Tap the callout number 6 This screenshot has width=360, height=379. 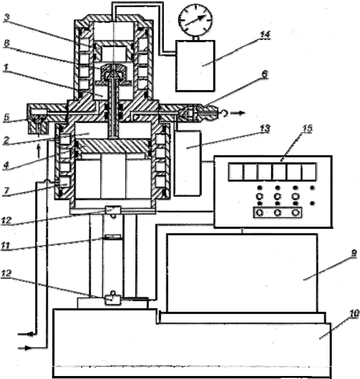click(265, 74)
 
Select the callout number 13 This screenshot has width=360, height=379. click(265, 128)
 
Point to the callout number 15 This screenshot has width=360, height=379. click(307, 128)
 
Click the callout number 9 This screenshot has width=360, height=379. click(353, 253)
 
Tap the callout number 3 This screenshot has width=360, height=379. click(7, 17)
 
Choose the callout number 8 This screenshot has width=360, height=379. click(7, 43)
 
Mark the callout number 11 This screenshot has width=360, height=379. click(5, 246)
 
